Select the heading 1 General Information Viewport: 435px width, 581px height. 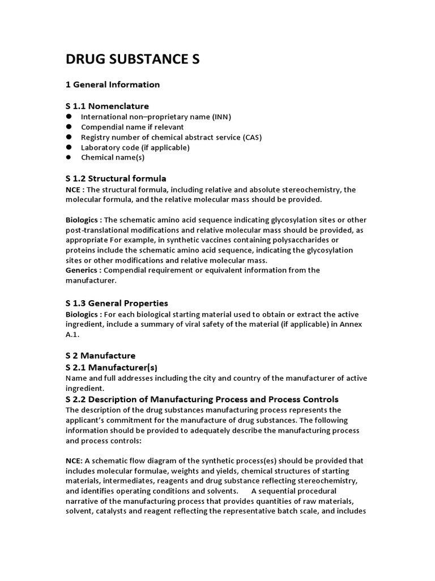point(113,85)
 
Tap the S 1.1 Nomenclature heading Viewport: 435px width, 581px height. point(107,106)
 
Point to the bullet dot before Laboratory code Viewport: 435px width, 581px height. point(69,147)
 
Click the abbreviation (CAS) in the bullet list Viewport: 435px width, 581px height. point(251,137)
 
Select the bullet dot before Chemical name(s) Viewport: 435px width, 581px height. point(69,157)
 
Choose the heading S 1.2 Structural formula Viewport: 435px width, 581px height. point(116,178)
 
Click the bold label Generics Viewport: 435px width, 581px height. point(83,270)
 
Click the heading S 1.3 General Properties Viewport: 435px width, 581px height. point(117,303)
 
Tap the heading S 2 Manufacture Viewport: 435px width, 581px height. point(100,356)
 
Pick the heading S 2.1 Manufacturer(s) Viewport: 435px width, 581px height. point(110,368)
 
